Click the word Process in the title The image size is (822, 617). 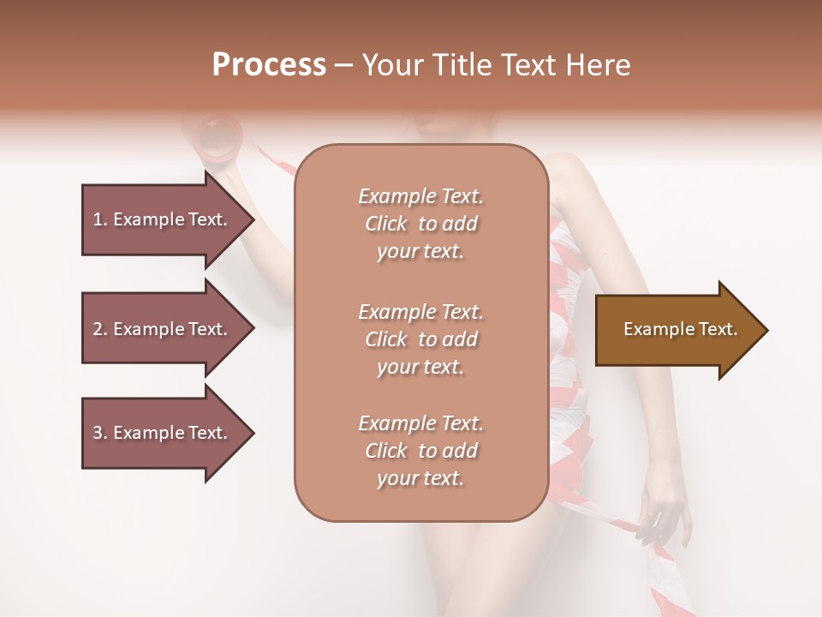269,65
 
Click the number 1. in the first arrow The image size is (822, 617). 100,219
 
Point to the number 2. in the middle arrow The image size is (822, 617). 100,329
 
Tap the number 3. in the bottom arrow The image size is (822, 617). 100,433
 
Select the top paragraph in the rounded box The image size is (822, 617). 420,224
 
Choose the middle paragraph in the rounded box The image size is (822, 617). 420,339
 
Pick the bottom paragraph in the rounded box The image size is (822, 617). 420,451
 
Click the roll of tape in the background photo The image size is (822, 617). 213,137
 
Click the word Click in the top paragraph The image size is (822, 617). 386,224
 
